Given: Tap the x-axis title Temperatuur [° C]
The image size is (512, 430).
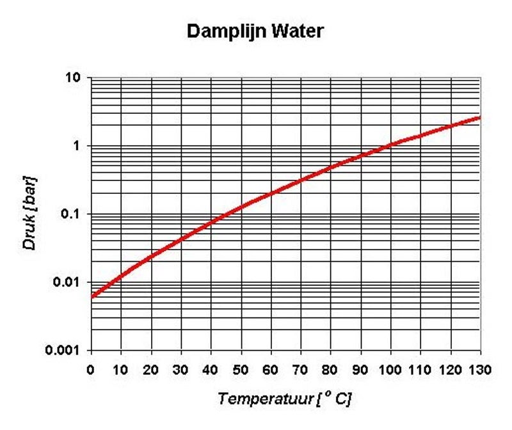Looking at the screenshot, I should (x=285, y=399).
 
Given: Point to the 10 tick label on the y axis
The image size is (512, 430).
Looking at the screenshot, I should (x=73, y=77).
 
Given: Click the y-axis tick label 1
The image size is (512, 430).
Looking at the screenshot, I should (x=77, y=146).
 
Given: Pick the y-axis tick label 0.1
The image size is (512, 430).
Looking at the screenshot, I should (x=70, y=214).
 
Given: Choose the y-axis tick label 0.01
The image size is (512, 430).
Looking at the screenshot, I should (x=67, y=282).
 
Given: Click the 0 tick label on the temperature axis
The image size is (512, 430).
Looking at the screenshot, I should (x=91, y=370).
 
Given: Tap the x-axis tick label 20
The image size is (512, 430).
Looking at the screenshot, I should (x=151, y=370).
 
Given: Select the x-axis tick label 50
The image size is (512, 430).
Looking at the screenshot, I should (x=241, y=370).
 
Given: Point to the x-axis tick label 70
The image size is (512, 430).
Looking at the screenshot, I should (x=300, y=370).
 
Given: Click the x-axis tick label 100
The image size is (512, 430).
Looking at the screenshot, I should (x=390, y=370).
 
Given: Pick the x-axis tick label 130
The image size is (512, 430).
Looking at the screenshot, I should (x=479, y=370).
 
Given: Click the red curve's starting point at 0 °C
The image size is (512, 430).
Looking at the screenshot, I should (x=92, y=297).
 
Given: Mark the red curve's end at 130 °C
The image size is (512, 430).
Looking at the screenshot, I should (x=479, y=118).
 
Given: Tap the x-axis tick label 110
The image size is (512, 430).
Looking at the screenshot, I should (x=420, y=370).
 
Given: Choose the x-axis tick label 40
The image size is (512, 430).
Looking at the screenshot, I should (x=211, y=370).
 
